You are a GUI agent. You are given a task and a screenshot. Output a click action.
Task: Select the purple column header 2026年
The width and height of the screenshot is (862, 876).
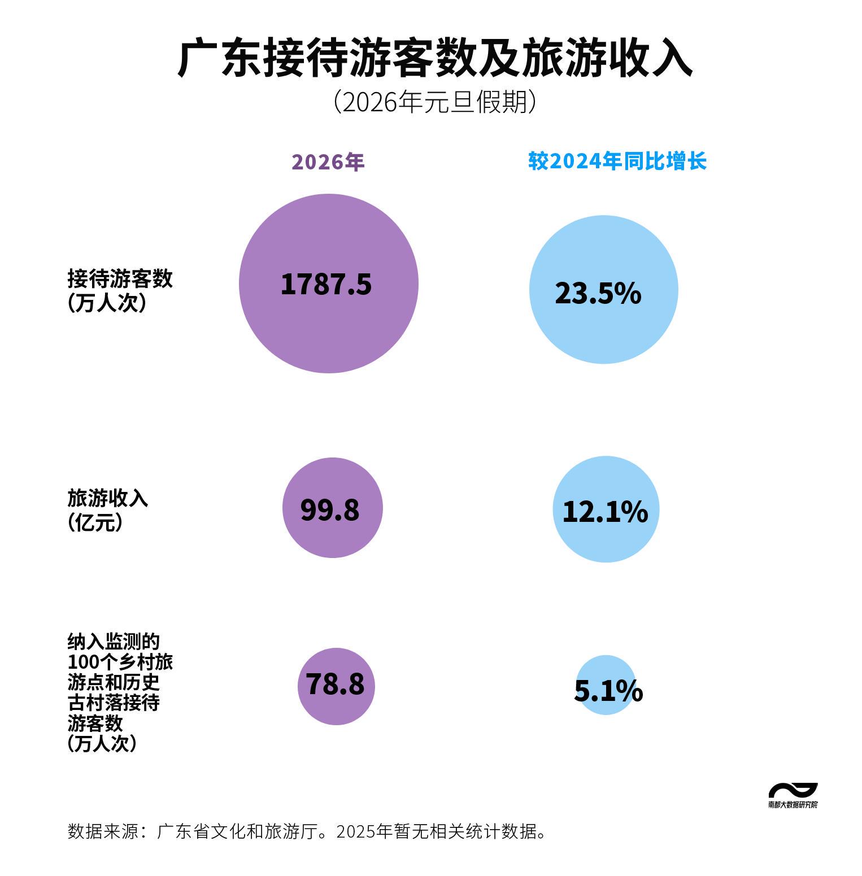point(328,162)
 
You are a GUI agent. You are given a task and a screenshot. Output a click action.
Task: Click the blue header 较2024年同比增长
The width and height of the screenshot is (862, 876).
point(617,162)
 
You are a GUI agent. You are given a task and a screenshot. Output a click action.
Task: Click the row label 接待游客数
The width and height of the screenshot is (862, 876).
point(120,278)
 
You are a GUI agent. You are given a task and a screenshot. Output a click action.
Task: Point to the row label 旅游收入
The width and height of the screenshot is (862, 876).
point(107,498)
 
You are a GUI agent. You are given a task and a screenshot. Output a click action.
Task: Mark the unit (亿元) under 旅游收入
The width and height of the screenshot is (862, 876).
point(95,522)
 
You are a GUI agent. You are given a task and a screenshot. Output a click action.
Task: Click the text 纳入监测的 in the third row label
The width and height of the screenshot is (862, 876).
point(114,642)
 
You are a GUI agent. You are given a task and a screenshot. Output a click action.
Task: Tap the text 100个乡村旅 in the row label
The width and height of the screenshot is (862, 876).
point(120,662)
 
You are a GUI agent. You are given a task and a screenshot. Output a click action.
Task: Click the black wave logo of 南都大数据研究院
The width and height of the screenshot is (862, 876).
point(793,790)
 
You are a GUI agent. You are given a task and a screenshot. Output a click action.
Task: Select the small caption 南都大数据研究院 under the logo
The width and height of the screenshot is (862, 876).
point(793,805)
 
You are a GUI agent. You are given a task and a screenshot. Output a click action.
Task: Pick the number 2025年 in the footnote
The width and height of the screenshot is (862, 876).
point(364,831)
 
